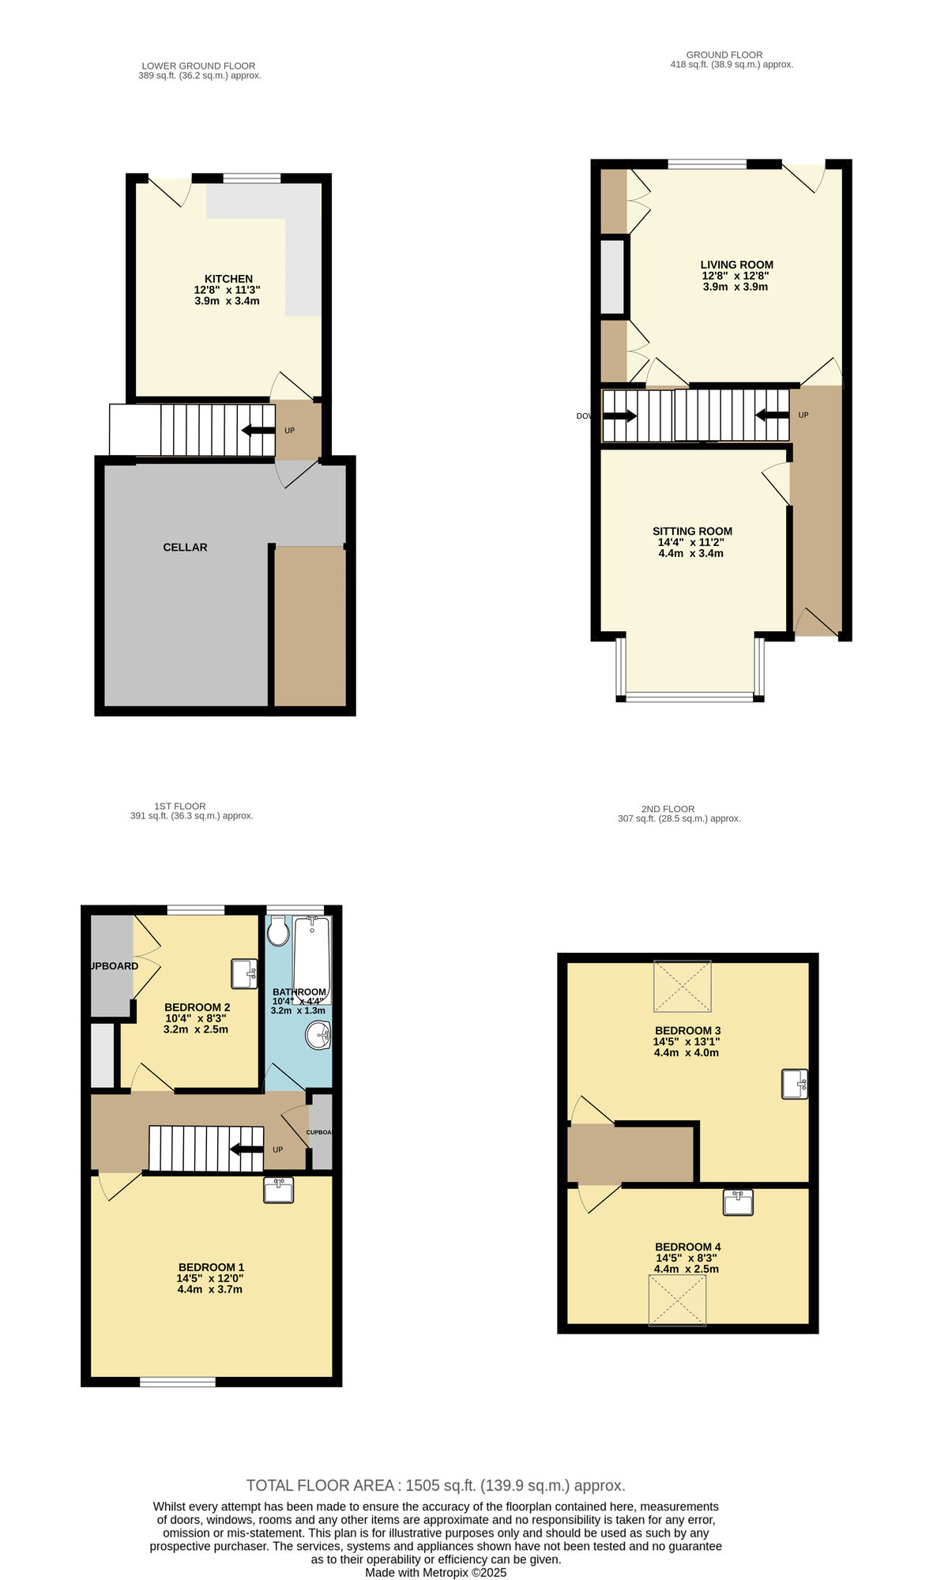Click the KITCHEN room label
[x=228, y=279]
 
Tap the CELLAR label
[x=185, y=547]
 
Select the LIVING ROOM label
[x=736, y=265]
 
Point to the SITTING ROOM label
[x=692, y=532]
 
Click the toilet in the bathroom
[x=278, y=932]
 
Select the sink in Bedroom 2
[x=244, y=974]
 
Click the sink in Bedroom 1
[x=278, y=1190]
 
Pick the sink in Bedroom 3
[x=795, y=1084]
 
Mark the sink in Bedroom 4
[x=738, y=1202]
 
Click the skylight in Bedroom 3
[x=683, y=986]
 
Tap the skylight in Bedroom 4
[x=677, y=1300]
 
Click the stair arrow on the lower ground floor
[x=258, y=431]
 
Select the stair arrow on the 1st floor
[x=246, y=1149]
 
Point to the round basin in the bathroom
[x=319, y=1035]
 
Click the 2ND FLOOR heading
[x=668, y=809]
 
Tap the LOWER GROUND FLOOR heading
[x=198, y=66]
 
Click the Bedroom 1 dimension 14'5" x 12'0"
[x=209, y=1278]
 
